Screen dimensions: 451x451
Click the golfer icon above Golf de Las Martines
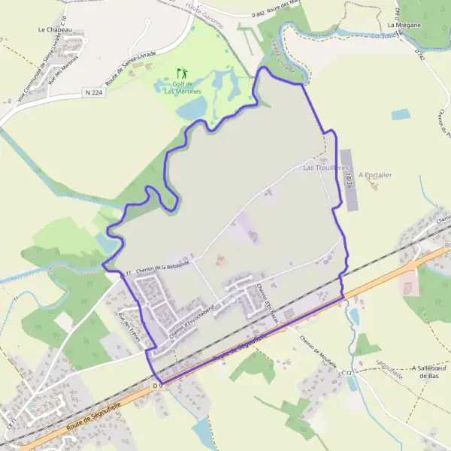pos(181,74)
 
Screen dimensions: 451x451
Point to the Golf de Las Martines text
pos(181,86)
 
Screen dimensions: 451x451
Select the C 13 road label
pos(347,372)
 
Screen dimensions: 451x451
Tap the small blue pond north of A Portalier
pos(401,115)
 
